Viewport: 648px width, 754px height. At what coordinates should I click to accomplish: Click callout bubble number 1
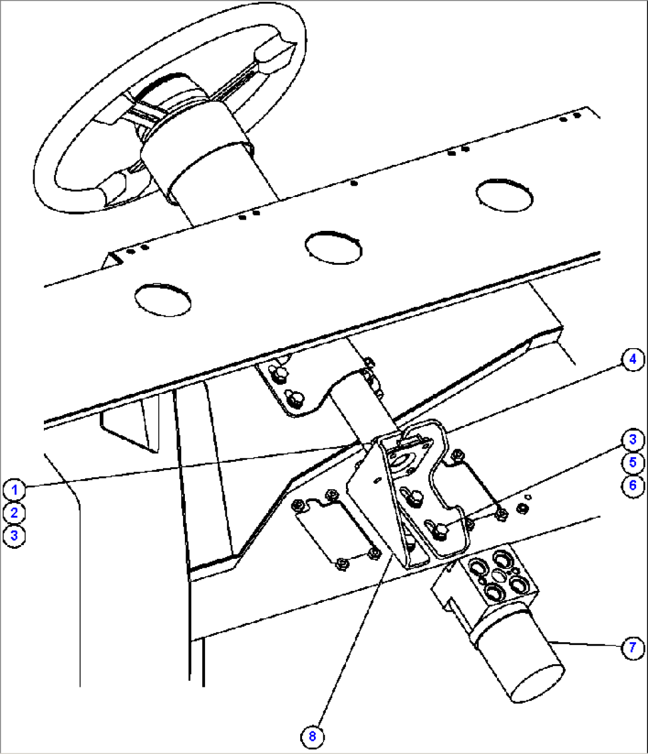(14, 490)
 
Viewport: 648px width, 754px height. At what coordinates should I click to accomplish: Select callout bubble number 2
(14, 512)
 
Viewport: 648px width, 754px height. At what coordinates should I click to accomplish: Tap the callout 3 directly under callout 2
(14, 535)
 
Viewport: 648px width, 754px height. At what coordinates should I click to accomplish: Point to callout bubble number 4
(633, 359)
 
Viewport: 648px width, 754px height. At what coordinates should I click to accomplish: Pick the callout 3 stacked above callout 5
(633, 440)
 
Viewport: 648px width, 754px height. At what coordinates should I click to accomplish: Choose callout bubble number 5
(633, 462)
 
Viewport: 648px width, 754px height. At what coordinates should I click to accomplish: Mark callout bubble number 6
(633, 485)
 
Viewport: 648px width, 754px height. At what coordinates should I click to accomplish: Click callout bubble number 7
(633, 647)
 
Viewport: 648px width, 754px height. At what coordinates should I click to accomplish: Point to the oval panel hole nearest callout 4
(504, 194)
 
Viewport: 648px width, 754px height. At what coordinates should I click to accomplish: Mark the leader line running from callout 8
(351, 643)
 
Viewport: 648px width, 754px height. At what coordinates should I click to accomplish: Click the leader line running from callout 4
(535, 396)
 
